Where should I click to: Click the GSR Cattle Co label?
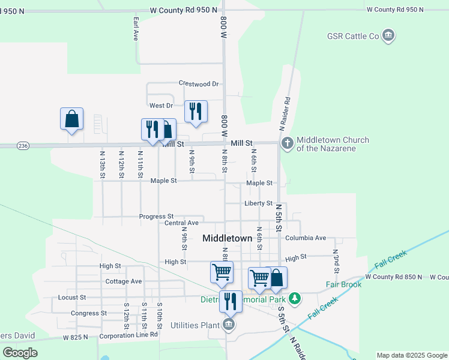[353, 37]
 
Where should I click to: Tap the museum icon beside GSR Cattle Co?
[388, 37]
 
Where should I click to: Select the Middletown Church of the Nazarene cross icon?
[287, 143]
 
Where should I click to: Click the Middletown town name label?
[227, 238]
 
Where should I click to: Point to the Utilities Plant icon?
[228, 325]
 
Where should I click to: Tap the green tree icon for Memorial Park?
[294, 298]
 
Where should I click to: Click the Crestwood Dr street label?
[199, 83]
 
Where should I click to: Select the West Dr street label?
[161, 106]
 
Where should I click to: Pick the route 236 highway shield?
[23, 146]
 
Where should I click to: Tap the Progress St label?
[156, 217]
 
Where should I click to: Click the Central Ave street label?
[181, 223]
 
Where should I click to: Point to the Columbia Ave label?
[306, 238]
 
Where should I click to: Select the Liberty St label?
[259, 203]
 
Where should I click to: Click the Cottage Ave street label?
[123, 281]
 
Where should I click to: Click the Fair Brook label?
[343, 284]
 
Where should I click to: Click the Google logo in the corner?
[20, 352]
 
